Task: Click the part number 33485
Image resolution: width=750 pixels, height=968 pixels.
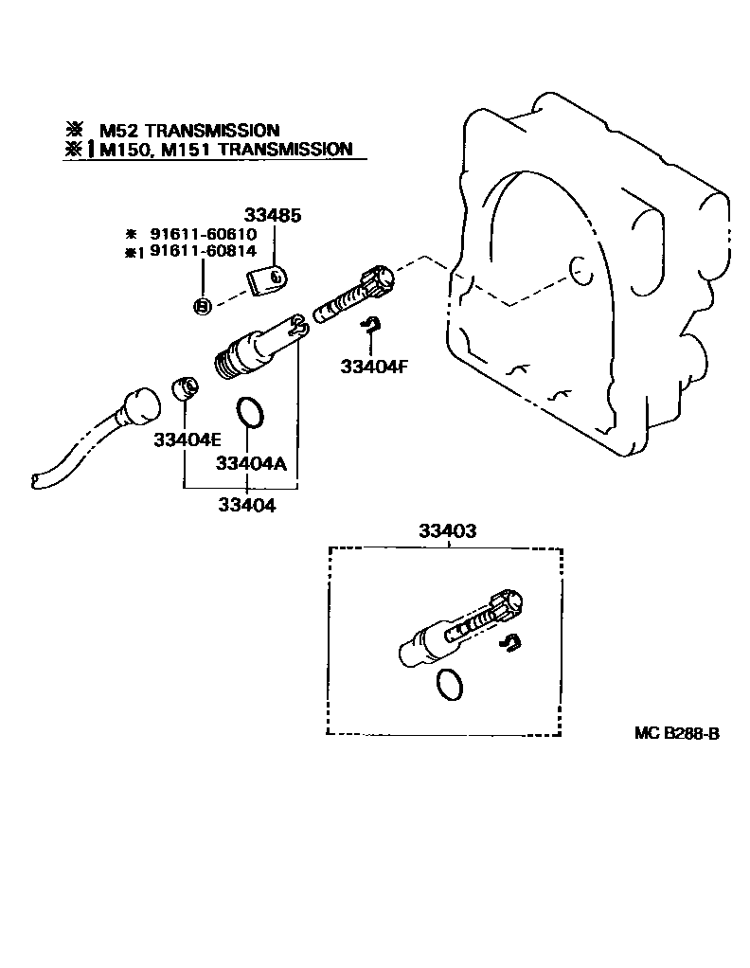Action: pyautogui.click(x=275, y=216)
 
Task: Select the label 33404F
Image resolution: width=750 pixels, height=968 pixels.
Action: pyautogui.click(x=374, y=367)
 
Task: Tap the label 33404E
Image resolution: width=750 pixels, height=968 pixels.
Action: pyautogui.click(x=187, y=439)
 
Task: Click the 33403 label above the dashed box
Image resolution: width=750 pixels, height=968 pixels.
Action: pyautogui.click(x=447, y=531)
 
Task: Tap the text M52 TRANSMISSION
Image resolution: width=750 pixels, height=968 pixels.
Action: pyautogui.click(x=189, y=130)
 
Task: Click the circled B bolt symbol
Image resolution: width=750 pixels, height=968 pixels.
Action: pyautogui.click(x=201, y=305)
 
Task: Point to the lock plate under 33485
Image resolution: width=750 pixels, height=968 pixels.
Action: pyautogui.click(x=267, y=281)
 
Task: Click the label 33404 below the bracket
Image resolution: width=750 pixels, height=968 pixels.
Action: pyautogui.click(x=248, y=506)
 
